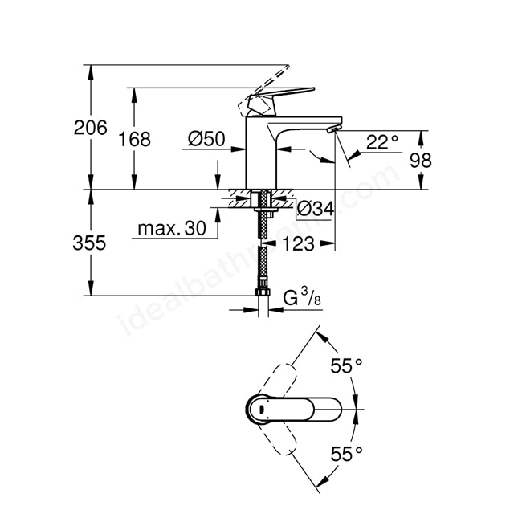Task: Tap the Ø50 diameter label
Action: (x=206, y=138)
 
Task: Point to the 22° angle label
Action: (x=382, y=142)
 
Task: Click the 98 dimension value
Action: (x=420, y=160)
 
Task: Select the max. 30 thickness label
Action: (x=171, y=229)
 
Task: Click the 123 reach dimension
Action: (x=298, y=244)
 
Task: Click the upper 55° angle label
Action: (x=346, y=367)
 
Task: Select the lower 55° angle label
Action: (x=346, y=454)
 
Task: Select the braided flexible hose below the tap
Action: (x=263, y=249)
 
